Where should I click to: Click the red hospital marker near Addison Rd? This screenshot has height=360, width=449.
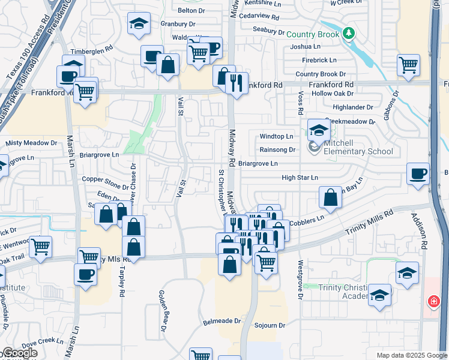(432, 301)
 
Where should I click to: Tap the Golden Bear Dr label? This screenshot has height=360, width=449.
(162, 311)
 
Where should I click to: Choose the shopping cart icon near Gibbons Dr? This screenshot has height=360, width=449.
(408, 64)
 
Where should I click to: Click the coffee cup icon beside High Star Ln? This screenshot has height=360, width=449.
(418, 174)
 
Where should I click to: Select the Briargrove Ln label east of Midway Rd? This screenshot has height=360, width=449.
(258, 163)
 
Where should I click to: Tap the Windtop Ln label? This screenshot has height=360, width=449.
(276, 137)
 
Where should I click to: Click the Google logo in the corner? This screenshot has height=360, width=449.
(19, 353)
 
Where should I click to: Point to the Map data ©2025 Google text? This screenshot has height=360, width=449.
(411, 355)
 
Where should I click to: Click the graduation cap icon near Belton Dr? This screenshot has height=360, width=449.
(139, 24)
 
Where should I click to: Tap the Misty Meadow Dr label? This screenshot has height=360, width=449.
(31, 143)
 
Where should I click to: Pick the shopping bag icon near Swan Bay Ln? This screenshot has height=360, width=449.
(330, 197)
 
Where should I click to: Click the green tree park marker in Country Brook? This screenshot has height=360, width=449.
(349, 33)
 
